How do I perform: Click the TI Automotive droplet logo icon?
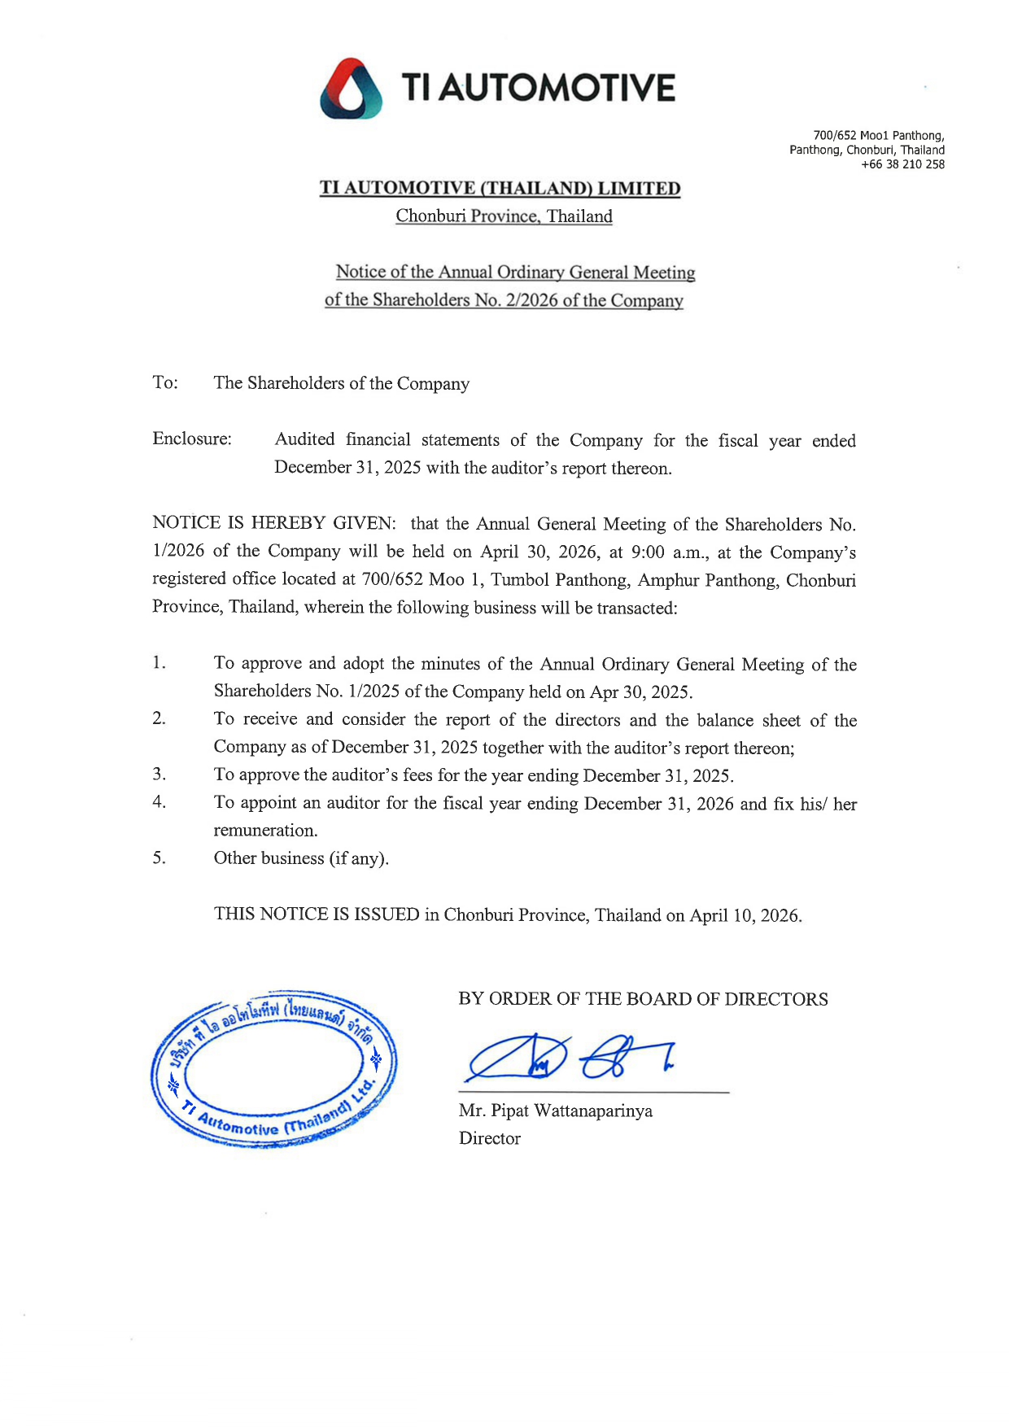[x=351, y=89]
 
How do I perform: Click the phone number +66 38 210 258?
[x=902, y=164]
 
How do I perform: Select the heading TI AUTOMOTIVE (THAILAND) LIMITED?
[x=500, y=189]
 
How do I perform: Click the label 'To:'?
[x=165, y=382]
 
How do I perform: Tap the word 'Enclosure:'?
[x=192, y=439]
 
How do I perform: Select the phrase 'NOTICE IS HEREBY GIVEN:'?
[x=274, y=523]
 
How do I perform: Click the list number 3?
[x=159, y=775]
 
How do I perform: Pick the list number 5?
[x=159, y=858]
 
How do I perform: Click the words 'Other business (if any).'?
[x=301, y=858]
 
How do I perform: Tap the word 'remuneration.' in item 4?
[x=265, y=831]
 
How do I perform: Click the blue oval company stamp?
[x=273, y=1069]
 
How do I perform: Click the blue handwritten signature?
[x=570, y=1058]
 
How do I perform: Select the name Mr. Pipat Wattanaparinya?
[x=555, y=1111]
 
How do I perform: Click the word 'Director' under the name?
[x=489, y=1138]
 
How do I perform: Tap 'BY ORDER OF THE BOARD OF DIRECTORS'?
[x=643, y=999]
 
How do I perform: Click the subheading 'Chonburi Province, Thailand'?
[x=504, y=216]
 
